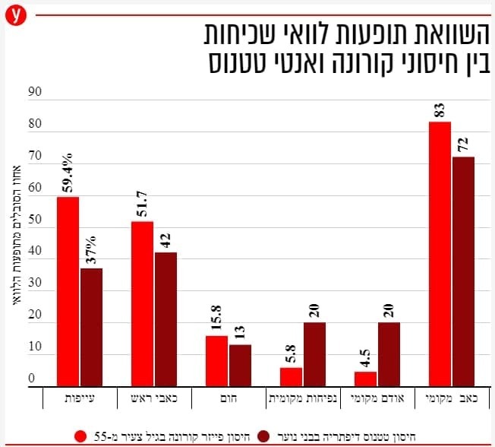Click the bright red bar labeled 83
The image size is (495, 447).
pyautogui.click(x=440, y=254)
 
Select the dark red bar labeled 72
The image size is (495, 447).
pyautogui.click(x=462, y=271)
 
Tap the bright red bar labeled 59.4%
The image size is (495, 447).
pyautogui.click(x=68, y=292)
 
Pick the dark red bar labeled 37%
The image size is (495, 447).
pyautogui.click(x=91, y=328)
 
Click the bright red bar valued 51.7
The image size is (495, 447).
pyautogui.click(x=142, y=304)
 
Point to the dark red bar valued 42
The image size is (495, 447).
pyautogui.click(x=166, y=319)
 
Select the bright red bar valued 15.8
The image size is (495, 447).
pyautogui.click(x=216, y=361)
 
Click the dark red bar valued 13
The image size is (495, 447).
pyautogui.click(x=239, y=366)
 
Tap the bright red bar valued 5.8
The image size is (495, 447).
pyautogui.click(x=291, y=377)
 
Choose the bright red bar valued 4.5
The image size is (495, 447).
pyautogui.click(x=365, y=379)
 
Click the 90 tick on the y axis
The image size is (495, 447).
pyautogui.click(x=33, y=92)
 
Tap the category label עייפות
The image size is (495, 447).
pyautogui.click(x=78, y=397)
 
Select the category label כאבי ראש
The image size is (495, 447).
pyautogui.click(x=153, y=397)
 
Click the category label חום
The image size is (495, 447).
pyautogui.click(x=228, y=397)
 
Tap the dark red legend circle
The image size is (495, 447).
pyautogui.click(x=264, y=436)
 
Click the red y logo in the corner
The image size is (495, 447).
pyautogui.click(x=14, y=14)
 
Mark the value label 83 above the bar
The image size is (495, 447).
pyautogui.click(x=440, y=109)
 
